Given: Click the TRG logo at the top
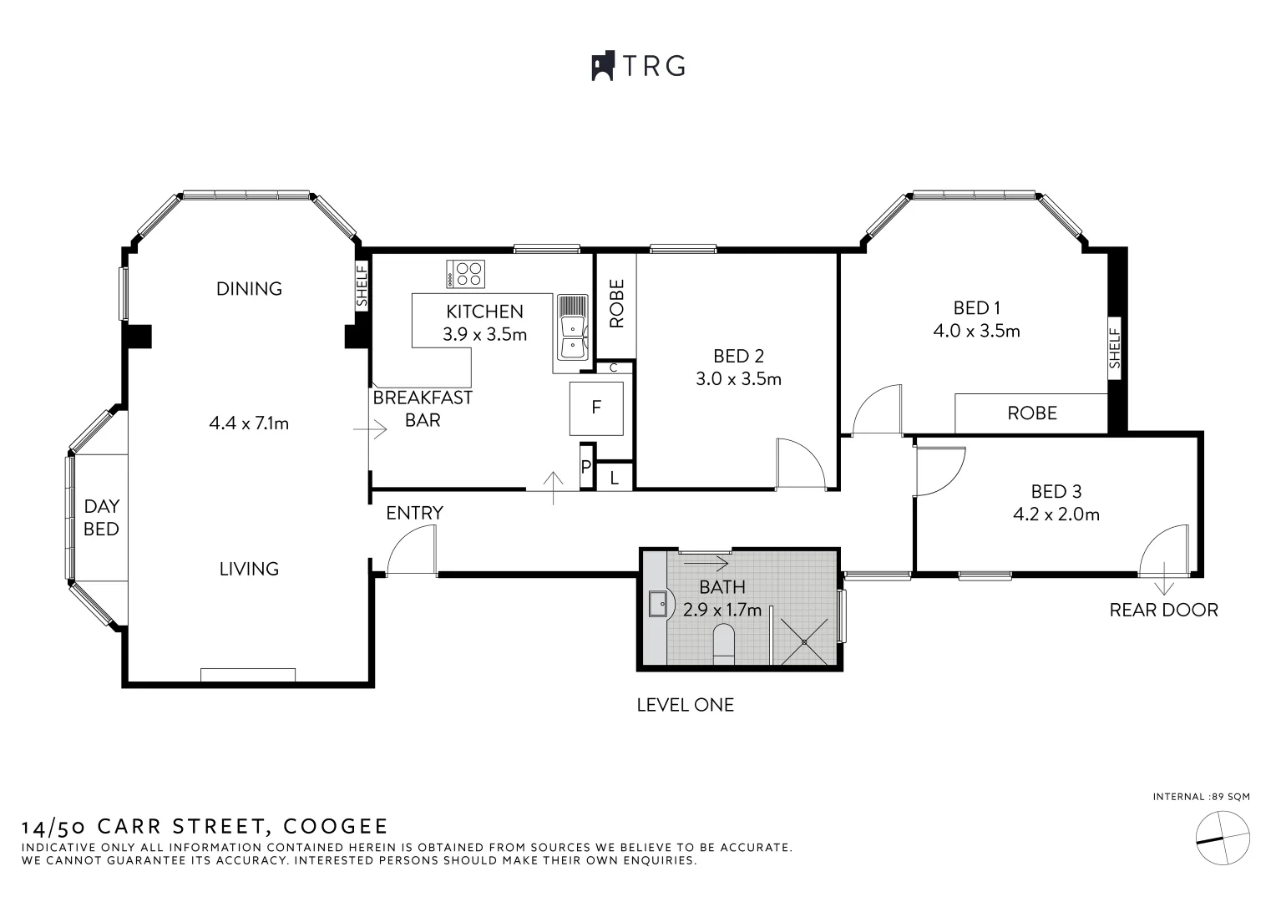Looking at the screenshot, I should [638, 66].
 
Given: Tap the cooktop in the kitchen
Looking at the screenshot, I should [466, 274].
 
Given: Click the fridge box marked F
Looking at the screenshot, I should [596, 408].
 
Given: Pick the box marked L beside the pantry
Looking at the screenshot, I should [615, 478].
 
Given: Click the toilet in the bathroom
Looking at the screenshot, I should [723, 645].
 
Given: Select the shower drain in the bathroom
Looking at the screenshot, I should [805, 641].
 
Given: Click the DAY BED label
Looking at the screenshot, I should [101, 518].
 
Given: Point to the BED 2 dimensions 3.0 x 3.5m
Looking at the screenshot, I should [738, 379].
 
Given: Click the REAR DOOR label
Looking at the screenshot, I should [1163, 610].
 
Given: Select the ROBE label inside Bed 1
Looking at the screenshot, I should [1032, 413].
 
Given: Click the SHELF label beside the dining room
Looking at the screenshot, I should [362, 286].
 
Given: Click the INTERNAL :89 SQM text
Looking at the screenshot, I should [1201, 797].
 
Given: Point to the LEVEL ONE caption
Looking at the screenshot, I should [685, 705].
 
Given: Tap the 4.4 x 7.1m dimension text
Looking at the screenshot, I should [249, 423].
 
